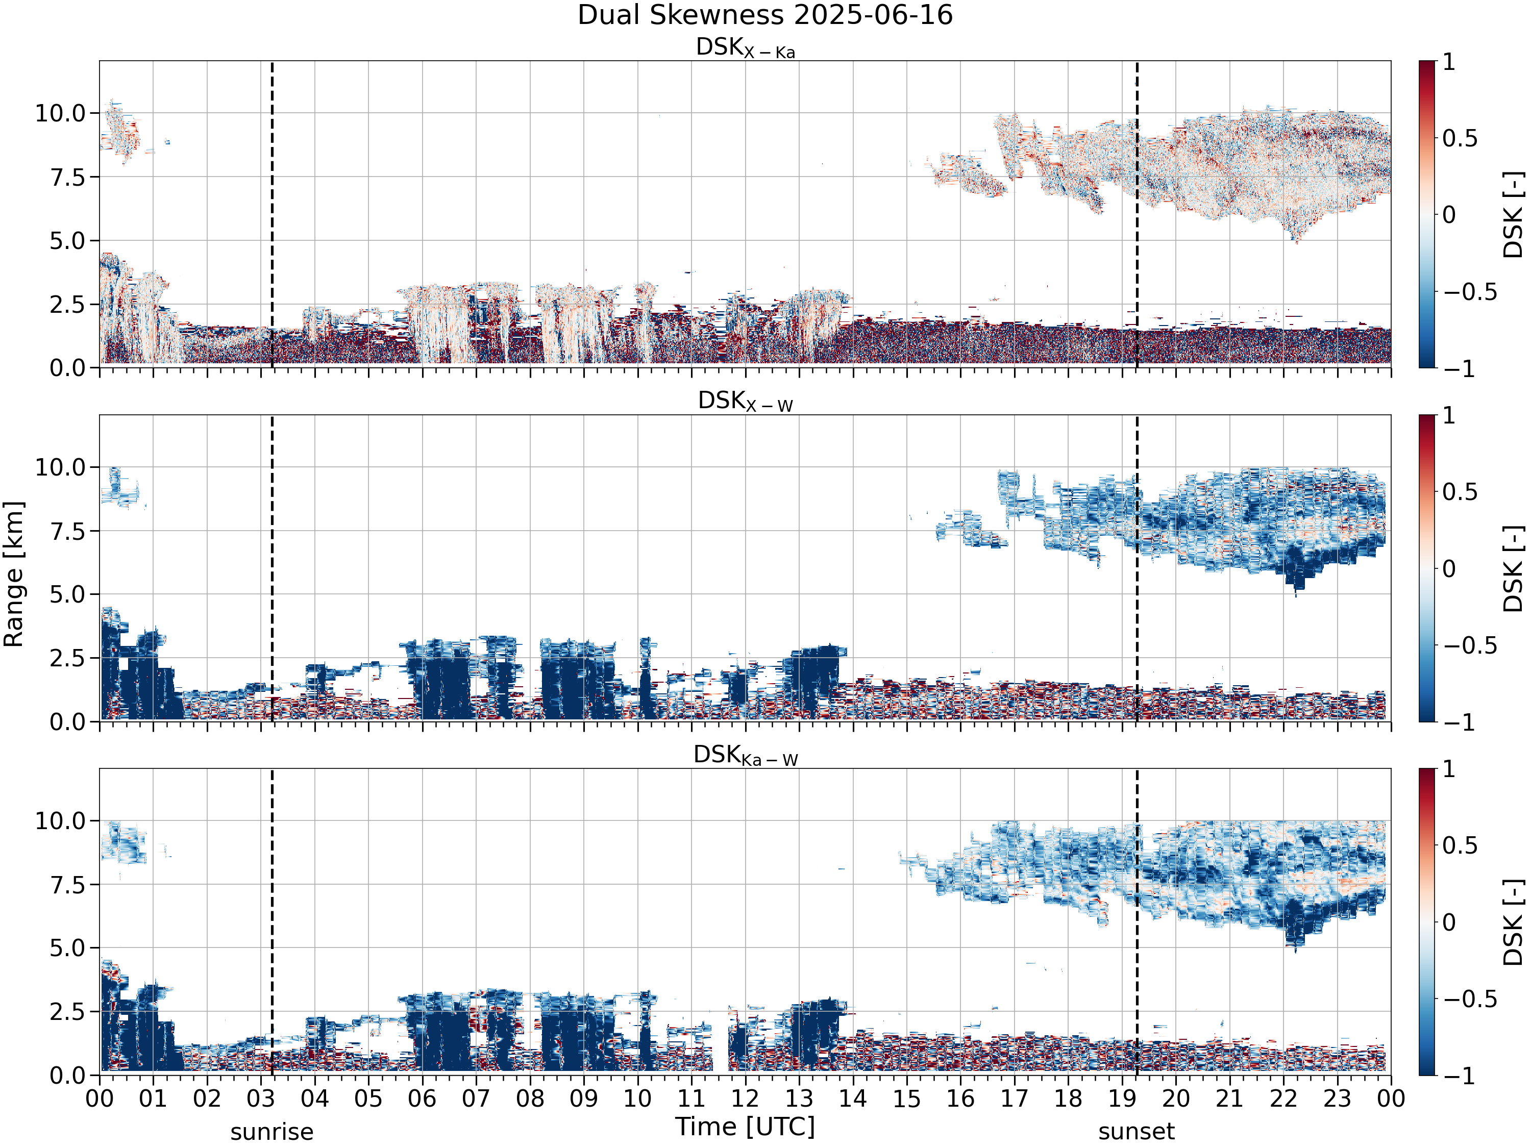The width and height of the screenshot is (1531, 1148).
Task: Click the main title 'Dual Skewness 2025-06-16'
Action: tap(765, 15)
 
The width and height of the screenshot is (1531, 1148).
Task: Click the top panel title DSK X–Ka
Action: tap(746, 48)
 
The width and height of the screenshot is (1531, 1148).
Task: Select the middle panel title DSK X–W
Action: tap(746, 402)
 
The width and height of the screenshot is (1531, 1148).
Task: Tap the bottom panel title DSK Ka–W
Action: tap(746, 755)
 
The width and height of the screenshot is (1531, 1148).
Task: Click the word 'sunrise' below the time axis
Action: tap(272, 1132)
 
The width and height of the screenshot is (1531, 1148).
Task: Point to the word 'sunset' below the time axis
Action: tap(1137, 1132)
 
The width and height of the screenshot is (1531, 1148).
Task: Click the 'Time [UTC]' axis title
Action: tap(746, 1127)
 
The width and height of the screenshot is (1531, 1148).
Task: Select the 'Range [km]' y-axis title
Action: tap(14, 575)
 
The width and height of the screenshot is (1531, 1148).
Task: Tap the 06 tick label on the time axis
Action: tap(422, 1098)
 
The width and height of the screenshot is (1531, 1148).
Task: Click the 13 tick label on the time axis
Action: tap(799, 1098)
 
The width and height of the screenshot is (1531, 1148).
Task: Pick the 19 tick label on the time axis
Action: tap(1122, 1098)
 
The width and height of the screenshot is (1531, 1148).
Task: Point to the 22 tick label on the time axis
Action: tap(1283, 1098)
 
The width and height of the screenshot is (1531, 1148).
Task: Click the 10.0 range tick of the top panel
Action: tap(60, 113)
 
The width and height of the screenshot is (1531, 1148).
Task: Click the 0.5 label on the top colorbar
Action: tap(1460, 138)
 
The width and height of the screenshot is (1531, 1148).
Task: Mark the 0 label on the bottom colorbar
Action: tap(1449, 922)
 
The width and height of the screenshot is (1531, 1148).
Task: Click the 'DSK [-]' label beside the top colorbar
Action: tap(1514, 214)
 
